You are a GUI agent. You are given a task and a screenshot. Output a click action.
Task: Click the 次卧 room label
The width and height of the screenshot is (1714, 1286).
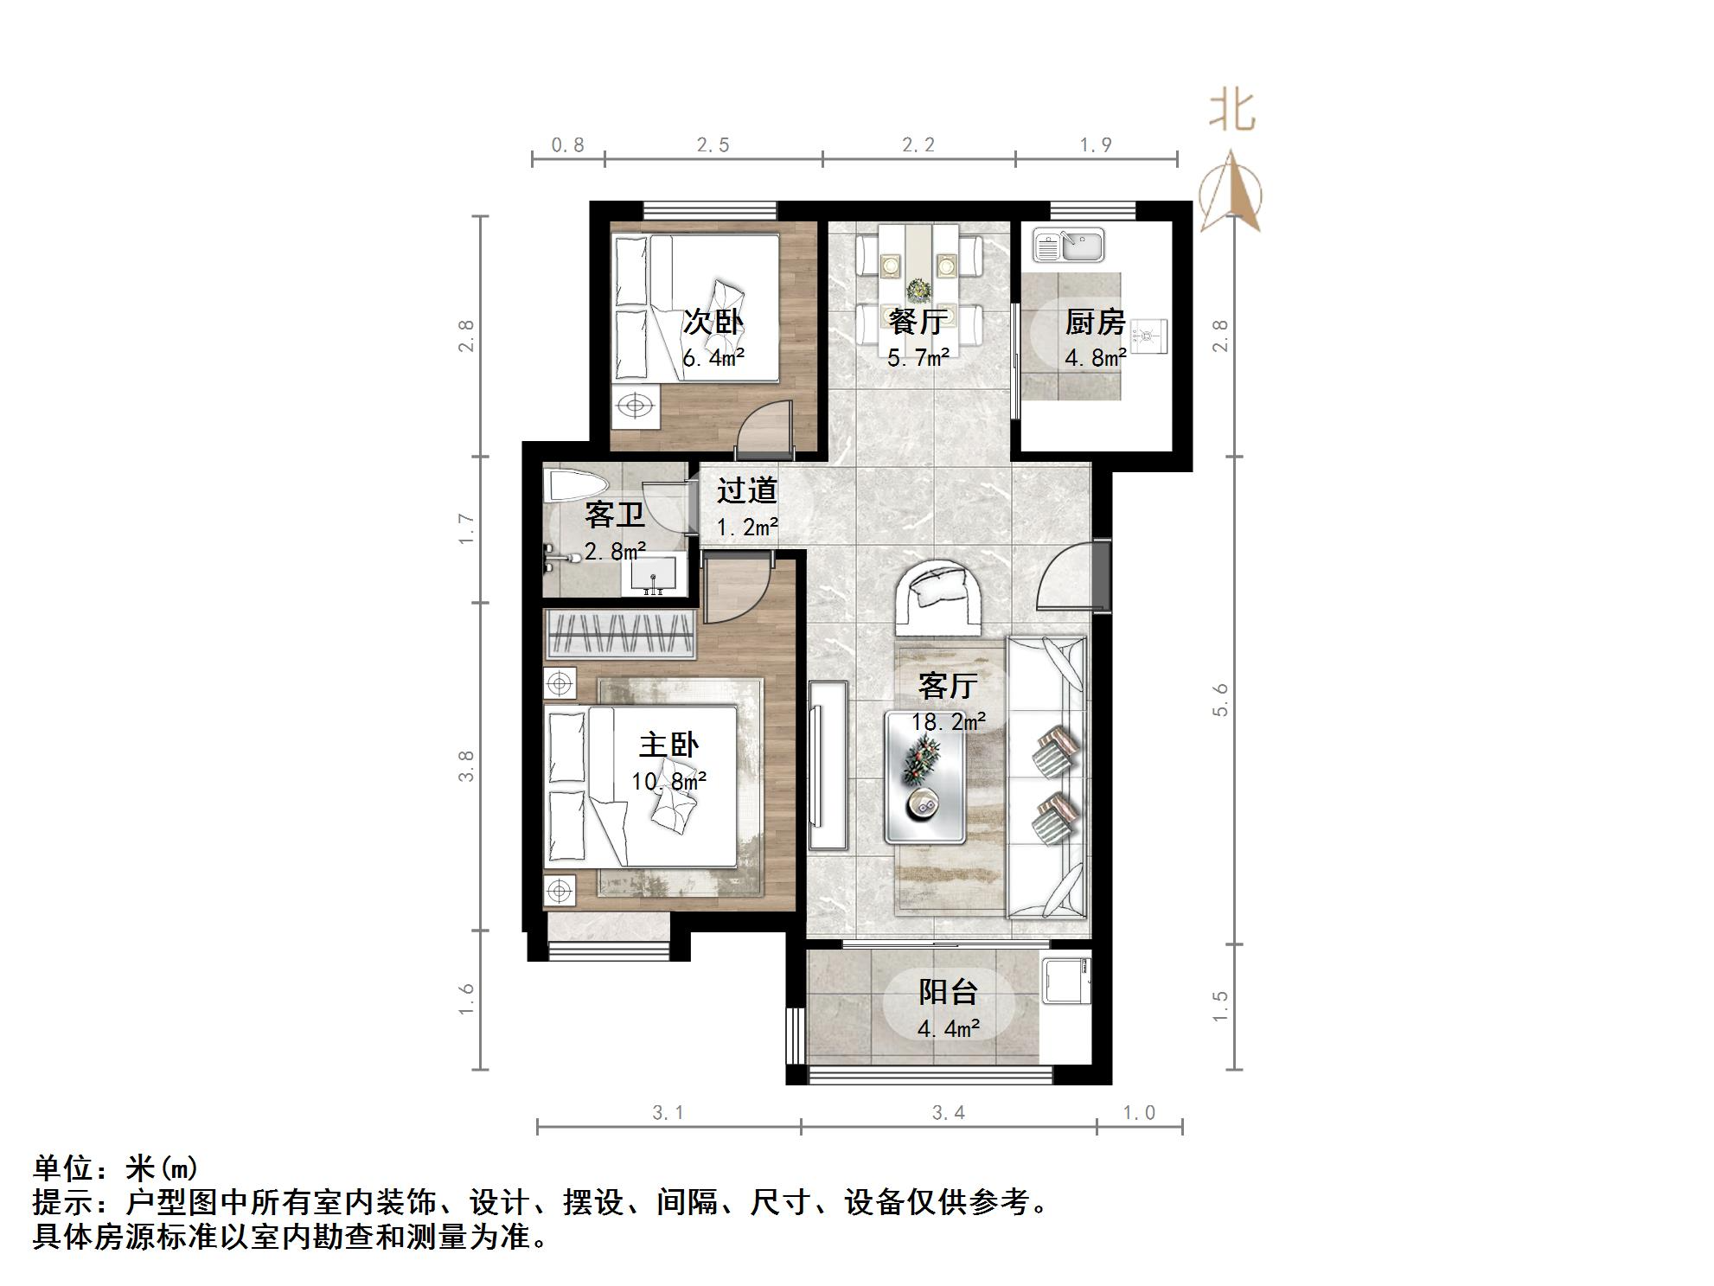713,322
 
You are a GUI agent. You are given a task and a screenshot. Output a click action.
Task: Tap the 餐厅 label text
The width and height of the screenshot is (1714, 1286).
918,322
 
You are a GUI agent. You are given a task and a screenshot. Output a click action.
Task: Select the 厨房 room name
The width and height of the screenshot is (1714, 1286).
1095,322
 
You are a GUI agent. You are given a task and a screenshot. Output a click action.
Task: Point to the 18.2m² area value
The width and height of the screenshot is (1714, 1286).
948,721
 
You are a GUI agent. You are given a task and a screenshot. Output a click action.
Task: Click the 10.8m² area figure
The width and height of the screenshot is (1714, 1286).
668,782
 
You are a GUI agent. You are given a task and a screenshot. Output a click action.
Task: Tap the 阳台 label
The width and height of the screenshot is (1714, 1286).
948,992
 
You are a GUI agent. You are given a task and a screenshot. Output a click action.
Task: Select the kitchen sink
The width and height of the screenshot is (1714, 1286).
1069,245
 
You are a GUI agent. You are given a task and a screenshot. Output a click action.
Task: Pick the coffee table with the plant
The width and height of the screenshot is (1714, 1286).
924,777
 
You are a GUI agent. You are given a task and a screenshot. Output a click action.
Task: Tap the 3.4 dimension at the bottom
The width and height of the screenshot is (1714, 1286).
948,1113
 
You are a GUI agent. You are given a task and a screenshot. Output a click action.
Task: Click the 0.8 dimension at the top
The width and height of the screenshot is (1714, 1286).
568,145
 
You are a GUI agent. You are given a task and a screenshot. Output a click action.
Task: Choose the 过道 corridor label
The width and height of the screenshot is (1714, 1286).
747,490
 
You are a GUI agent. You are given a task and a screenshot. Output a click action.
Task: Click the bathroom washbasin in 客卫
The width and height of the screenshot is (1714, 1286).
654,576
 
